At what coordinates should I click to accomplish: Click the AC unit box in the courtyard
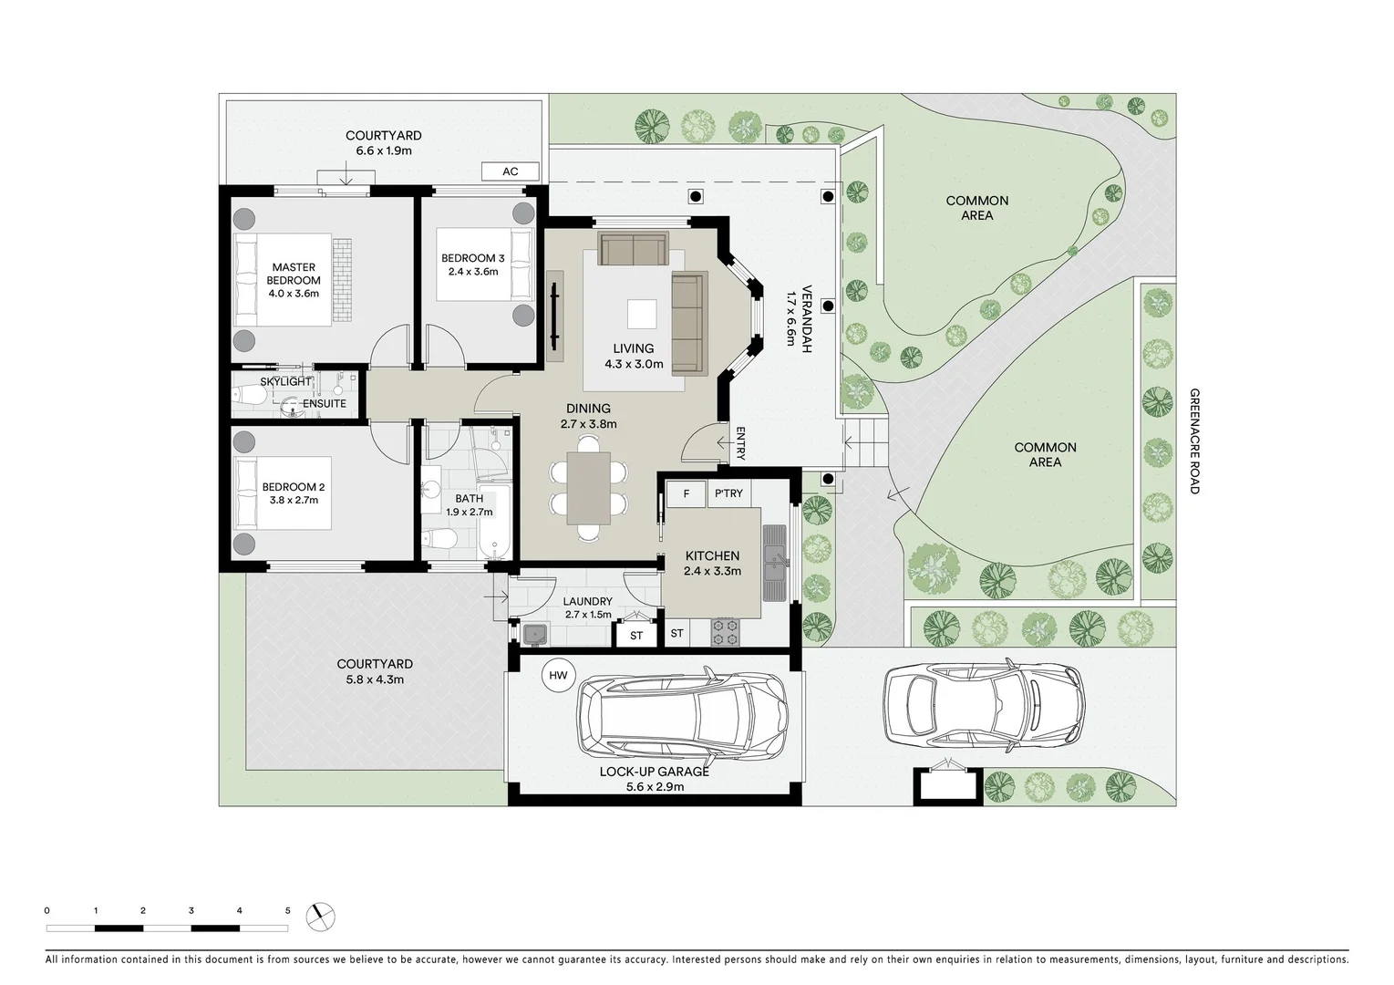click(510, 171)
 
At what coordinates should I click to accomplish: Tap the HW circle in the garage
click(558, 676)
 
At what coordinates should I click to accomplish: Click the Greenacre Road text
click(1194, 441)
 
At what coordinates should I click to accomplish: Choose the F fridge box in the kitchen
click(686, 494)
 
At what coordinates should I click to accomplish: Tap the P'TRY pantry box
click(728, 494)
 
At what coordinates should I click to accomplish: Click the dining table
click(589, 488)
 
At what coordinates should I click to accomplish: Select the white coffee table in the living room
click(641, 315)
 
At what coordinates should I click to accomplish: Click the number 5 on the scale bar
click(287, 911)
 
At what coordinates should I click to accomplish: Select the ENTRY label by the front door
click(740, 443)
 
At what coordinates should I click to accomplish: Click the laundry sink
click(534, 634)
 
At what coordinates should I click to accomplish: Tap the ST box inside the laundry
click(636, 636)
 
